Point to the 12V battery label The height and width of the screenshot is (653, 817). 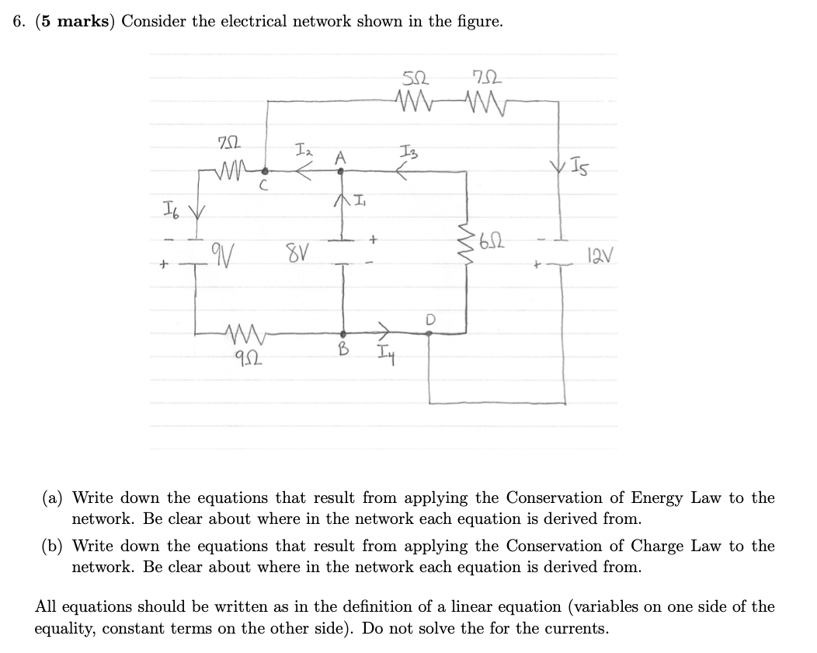[595, 253]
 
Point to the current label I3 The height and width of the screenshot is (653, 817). [410, 152]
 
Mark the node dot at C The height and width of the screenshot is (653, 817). [266, 171]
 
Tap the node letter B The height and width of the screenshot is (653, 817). [340, 350]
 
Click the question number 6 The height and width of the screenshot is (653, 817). [18, 22]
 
